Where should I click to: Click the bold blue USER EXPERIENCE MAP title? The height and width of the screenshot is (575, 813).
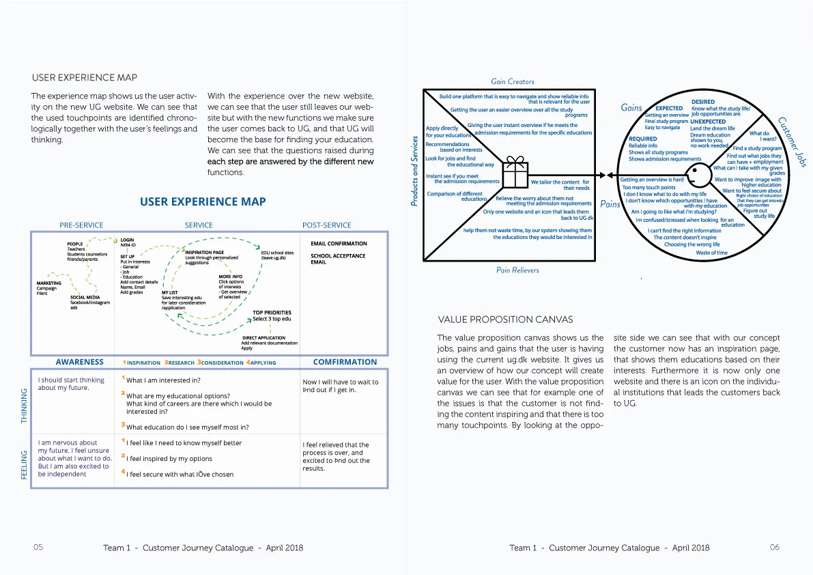point(203,201)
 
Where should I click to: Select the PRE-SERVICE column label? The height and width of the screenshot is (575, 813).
point(81,225)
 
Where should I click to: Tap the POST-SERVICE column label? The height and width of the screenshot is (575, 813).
point(326,225)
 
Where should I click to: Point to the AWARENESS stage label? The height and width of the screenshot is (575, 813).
point(80,362)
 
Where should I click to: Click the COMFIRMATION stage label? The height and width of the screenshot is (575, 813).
point(345,362)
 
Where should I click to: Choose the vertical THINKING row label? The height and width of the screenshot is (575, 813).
point(25,406)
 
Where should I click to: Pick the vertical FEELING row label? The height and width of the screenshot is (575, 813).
point(25,464)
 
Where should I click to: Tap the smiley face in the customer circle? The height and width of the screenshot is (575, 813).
point(694,173)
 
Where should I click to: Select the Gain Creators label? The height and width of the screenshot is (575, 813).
point(512,81)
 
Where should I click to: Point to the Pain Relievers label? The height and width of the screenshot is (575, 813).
point(517,270)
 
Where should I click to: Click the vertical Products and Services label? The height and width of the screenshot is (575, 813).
point(414,171)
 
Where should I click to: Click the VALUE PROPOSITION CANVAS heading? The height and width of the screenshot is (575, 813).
point(504,320)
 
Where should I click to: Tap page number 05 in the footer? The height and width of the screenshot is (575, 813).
point(38,548)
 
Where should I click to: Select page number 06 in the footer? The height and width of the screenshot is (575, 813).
point(774,548)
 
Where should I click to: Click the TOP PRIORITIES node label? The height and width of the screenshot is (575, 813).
point(272,313)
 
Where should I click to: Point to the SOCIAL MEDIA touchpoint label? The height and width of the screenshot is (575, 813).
point(85,298)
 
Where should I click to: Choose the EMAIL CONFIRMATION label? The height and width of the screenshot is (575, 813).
point(339,244)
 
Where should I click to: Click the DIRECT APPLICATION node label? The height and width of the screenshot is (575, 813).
point(263,337)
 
